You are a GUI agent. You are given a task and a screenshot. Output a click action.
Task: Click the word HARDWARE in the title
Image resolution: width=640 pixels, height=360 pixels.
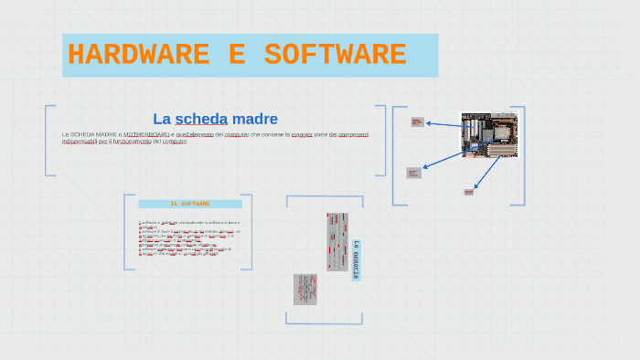[137, 56]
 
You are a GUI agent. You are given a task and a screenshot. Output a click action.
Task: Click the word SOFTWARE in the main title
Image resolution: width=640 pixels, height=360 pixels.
[335, 56]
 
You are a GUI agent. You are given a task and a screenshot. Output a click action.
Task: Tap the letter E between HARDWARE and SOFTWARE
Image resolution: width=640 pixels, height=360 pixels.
[236, 56]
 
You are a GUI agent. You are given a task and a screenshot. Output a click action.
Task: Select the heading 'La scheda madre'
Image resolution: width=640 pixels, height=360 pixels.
[215, 119]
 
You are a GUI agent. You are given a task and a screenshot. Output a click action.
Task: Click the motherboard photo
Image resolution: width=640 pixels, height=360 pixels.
[488, 134]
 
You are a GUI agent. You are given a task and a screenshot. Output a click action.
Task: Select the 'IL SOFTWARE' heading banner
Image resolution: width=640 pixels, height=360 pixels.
[190, 204]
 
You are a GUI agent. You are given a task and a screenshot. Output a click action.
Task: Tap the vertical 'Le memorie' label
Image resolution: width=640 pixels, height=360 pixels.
[356, 259]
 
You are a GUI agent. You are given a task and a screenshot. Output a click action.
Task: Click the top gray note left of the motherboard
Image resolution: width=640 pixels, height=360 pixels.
[417, 122]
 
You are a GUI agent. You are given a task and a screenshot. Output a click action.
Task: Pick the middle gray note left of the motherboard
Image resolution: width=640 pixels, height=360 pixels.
[413, 173]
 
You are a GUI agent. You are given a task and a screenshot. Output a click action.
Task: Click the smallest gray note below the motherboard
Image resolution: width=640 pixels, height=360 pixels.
[468, 192]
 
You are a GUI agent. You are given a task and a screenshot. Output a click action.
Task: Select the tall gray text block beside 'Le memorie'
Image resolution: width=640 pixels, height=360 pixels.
[336, 242]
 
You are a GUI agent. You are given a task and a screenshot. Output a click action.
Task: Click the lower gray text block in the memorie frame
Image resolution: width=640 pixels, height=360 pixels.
[304, 289]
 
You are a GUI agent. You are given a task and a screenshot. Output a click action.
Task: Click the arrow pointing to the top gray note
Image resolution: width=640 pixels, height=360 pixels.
[443, 124]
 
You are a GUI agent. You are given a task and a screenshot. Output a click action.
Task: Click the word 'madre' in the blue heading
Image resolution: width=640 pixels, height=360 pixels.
[254, 119]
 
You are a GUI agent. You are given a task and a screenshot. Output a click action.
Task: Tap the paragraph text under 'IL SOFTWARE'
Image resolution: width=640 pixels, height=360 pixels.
[188, 238]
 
